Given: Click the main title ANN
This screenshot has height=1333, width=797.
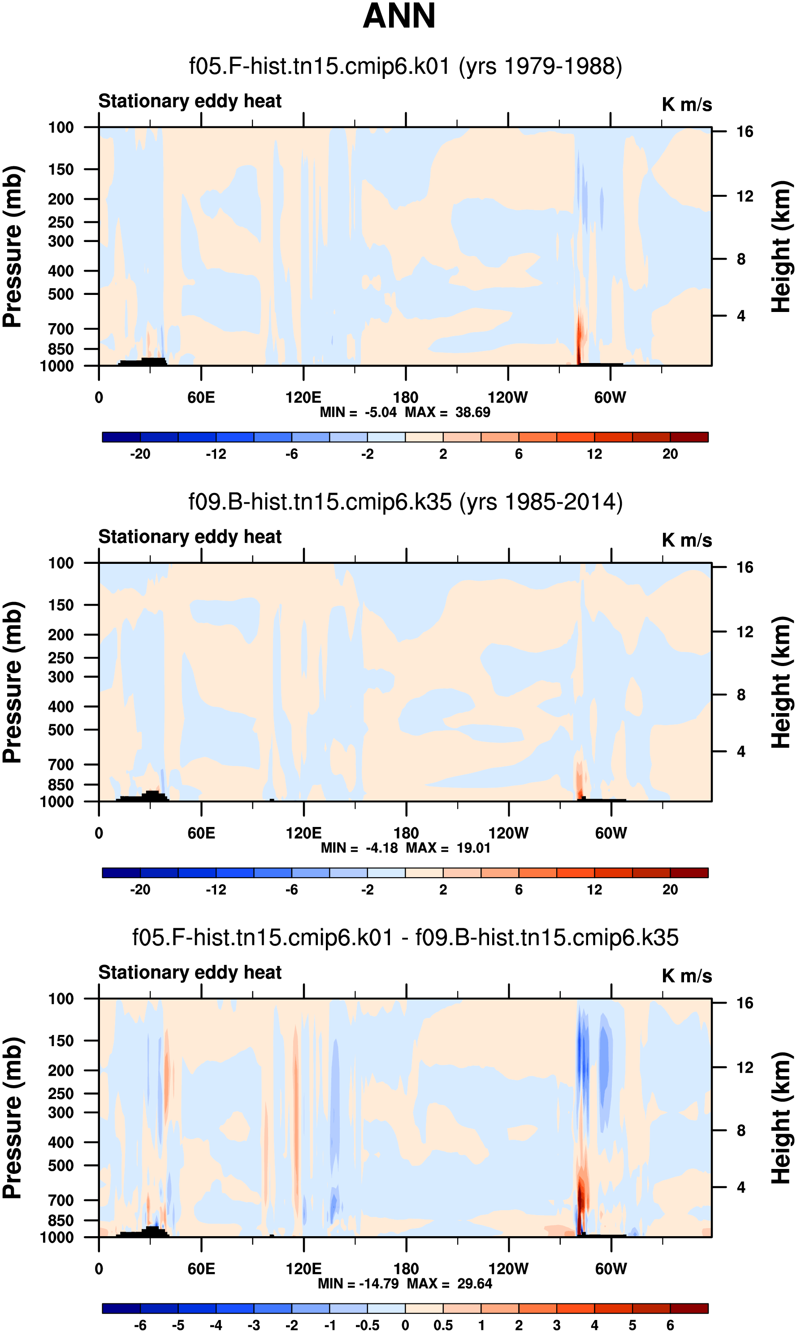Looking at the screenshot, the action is click(x=399, y=16).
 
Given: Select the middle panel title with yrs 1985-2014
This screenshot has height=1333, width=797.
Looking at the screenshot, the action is click(x=406, y=502).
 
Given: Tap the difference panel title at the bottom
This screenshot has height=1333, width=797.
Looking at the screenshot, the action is click(x=406, y=937).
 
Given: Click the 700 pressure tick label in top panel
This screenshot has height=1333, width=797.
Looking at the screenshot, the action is click(x=61, y=329).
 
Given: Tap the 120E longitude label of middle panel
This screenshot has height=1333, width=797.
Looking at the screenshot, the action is click(x=303, y=833).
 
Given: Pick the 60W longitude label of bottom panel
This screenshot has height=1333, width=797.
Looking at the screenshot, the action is click(x=611, y=1268).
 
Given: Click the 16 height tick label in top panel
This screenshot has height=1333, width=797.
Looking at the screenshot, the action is click(x=745, y=131).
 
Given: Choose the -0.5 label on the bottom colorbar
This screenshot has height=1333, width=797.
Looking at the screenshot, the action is click(x=368, y=1325).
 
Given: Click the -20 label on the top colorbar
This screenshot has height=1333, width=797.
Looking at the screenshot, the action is click(x=140, y=454).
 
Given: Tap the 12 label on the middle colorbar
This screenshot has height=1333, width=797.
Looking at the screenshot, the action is click(x=594, y=890).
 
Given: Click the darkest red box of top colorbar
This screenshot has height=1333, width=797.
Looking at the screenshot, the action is click(x=689, y=437).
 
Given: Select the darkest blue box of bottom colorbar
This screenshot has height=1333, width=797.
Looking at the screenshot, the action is click(x=121, y=1308).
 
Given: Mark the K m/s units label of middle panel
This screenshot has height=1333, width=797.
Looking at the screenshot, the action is click(x=687, y=541).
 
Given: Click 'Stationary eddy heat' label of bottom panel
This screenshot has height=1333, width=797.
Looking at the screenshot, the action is click(x=190, y=972).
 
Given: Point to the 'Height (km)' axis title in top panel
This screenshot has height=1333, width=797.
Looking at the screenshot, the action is click(x=781, y=247).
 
